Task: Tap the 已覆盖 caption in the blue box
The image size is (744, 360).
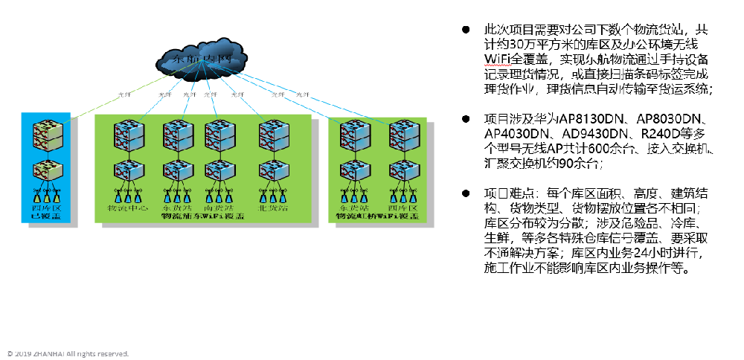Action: tap(46, 217)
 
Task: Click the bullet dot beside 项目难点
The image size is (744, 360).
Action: tap(466, 193)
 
